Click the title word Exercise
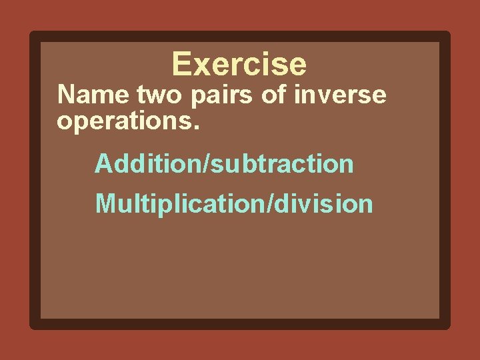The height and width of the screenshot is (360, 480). click(239, 65)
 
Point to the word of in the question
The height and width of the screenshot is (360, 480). click(273, 95)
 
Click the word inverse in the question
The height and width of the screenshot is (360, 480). click(340, 95)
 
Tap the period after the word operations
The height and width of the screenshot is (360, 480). click(195, 125)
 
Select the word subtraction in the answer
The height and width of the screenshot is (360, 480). click(283, 163)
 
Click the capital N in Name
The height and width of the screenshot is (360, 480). click(65, 95)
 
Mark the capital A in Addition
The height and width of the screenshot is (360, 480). click(103, 163)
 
